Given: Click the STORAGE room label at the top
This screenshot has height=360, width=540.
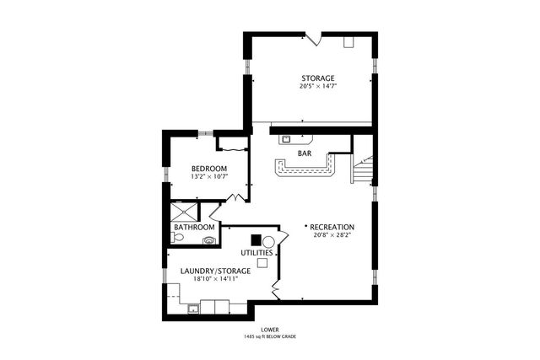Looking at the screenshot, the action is [x=318, y=78].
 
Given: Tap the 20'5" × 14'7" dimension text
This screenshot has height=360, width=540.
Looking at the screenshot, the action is [x=318, y=86].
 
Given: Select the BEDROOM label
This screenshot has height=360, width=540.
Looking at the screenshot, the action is [x=209, y=169].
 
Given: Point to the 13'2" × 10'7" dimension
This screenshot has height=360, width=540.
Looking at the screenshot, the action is [x=209, y=176].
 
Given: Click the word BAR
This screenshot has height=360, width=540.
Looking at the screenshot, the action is [x=305, y=153].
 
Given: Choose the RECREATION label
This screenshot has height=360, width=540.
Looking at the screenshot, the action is [x=332, y=227].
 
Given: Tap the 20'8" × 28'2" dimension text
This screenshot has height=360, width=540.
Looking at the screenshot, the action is [x=332, y=235].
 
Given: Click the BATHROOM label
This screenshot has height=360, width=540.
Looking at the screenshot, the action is [x=194, y=227].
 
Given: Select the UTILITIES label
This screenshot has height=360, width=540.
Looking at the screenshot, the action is [x=256, y=253].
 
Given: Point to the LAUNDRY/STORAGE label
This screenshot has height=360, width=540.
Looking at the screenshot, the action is [x=216, y=271].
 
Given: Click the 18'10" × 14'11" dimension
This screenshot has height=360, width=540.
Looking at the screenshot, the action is [x=216, y=279].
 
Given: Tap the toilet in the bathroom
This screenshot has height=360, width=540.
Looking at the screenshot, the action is [x=177, y=237].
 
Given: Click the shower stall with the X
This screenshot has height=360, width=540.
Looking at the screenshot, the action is [x=185, y=212].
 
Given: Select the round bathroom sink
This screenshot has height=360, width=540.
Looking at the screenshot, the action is [x=208, y=240].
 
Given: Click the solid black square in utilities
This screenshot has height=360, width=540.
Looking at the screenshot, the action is [x=256, y=239].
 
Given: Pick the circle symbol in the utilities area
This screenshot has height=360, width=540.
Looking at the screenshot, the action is [x=268, y=241].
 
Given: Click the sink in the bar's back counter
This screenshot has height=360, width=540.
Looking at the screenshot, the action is [x=286, y=139].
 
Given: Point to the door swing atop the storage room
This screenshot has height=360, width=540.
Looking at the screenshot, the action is [x=313, y=39].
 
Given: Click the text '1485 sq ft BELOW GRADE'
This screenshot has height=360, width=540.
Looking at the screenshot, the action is [x=270, y=336].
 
